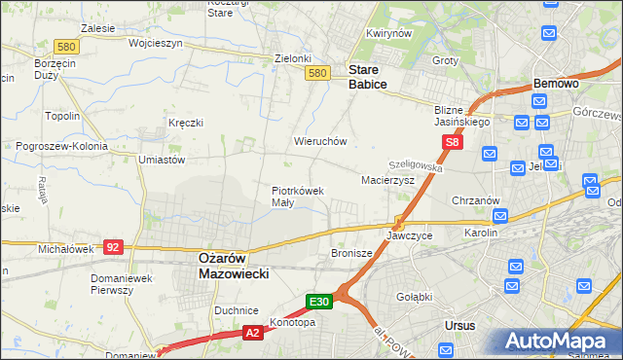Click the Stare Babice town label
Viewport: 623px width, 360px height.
click(x=368, y=78)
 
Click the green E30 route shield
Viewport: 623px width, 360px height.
click(x=321, y=303)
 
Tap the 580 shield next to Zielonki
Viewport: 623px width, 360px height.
click(x=316, y=73)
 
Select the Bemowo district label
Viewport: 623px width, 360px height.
click(x=556, y=85)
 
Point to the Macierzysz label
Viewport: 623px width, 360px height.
click(x=387, y=181)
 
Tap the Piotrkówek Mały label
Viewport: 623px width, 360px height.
click(x=297, y=197)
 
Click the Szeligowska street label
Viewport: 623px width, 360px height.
click(x=416, y=167)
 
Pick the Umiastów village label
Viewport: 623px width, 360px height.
click(x=162, y=160)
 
